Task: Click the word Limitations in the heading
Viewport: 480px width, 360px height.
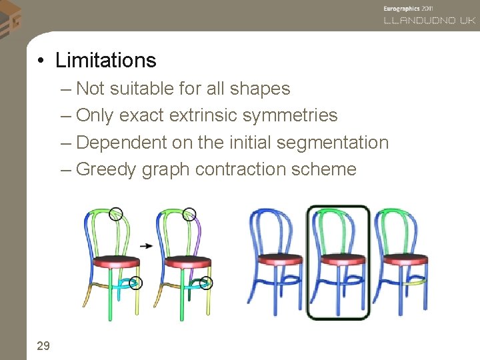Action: click(x=105, y=61)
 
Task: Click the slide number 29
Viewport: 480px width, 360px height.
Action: click(x=43, y=345)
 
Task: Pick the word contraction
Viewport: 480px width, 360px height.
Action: click(x=247, y=169)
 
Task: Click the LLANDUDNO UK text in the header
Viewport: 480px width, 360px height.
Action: click(x=429, y=21)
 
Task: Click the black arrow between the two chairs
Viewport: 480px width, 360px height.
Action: click(x=147, y=245)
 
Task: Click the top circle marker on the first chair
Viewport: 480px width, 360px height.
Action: click(x=116, y=213)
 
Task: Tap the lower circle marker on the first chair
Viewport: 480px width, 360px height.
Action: click(x=136, y=283)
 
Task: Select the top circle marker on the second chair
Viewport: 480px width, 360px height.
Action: click(x=190, y=213)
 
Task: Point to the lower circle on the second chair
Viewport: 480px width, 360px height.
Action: click(x=206, y=283)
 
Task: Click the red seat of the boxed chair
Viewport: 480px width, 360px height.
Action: click(x=339, y=259)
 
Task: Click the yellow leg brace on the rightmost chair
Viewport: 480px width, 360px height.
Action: click(x=416, y=283)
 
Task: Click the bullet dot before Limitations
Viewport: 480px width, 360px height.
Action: click(x=41, y=61)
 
